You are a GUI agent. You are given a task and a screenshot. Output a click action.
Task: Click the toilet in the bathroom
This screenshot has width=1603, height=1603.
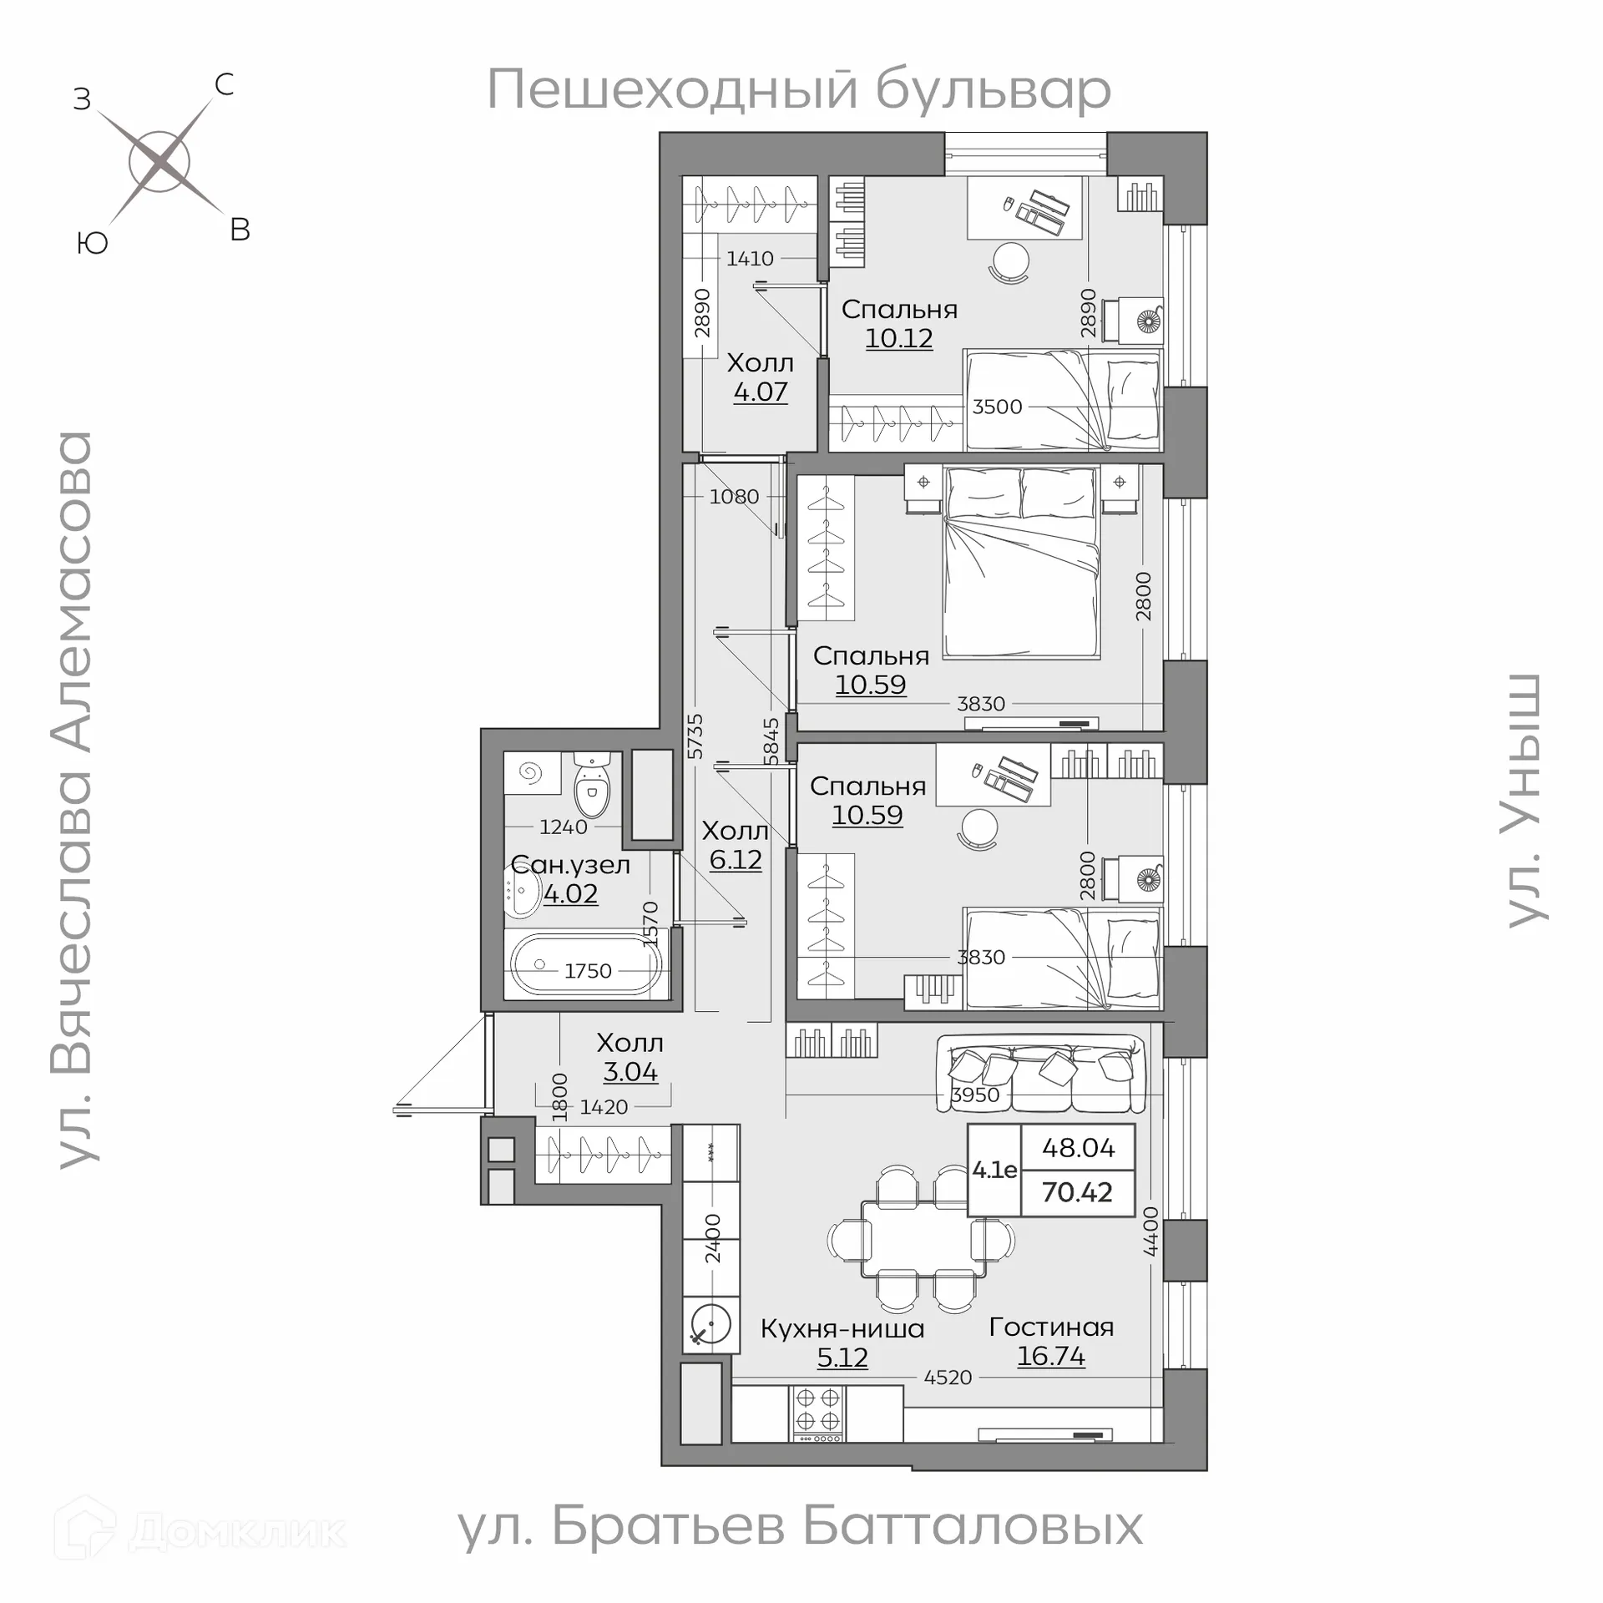(592, 786)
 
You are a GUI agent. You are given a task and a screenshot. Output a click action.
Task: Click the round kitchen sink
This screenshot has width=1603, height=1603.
(710, 1324)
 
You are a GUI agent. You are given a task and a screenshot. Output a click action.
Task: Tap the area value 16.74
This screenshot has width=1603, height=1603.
(1050, 1356)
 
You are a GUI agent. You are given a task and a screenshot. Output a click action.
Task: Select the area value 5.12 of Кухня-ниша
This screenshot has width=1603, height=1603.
(842, 1358)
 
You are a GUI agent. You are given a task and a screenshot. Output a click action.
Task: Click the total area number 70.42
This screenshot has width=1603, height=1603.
(1077, 1192)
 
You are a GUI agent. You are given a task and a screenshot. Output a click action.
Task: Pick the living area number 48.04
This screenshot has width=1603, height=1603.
(1078, 1148)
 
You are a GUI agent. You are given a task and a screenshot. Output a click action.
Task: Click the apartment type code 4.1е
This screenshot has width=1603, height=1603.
(994, 1170)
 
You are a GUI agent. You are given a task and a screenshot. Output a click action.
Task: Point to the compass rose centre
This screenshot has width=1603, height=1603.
(159, 160)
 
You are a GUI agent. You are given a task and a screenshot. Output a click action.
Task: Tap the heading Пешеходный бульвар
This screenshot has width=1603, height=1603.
(798, 90)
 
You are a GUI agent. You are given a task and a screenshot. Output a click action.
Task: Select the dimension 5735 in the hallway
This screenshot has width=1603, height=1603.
(695, 736)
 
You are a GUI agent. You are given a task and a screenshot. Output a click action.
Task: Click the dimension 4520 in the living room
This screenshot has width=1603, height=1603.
(948, 1378)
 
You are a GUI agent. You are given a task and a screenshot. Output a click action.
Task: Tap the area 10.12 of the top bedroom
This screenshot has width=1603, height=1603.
(898, 338)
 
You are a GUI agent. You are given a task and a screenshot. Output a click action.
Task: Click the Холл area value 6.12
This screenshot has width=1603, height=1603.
(735, 859)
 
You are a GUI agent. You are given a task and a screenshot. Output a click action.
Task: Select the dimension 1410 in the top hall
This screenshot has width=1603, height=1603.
(750, 259)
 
